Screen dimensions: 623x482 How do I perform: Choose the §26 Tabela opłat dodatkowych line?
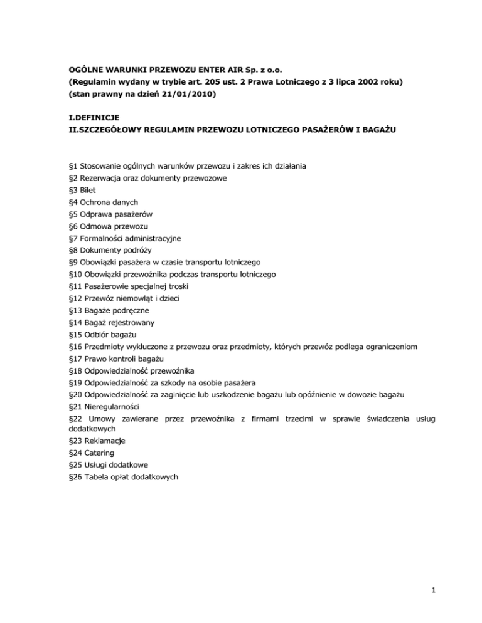click(x=124, y=477)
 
